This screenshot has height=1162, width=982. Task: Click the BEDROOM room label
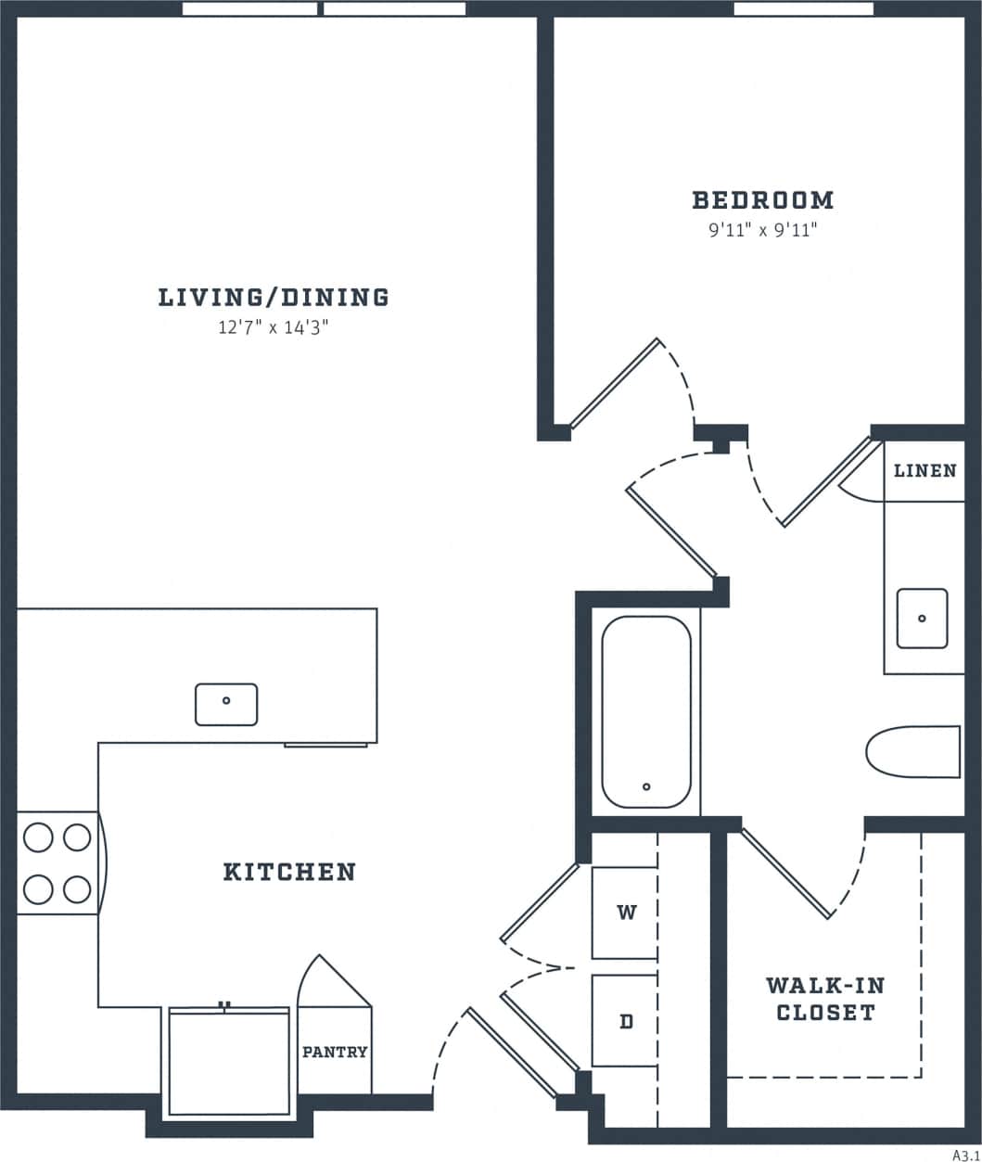pyautogui.click(x=762, y=199)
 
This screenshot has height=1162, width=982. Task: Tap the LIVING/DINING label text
pyautogui.click(x=274, y=298)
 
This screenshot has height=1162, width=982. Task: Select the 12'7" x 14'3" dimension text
pyautogui.click(x=274, y=327)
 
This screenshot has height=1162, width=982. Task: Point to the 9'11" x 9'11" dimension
pyautogui.click(x=762, y=230)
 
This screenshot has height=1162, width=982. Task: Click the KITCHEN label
pyautogui.click(x=289, y=872)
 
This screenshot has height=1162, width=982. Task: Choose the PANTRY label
pyautogui.click(x=335, y=1052)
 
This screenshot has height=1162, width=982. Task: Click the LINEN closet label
pyautogui.click(x=925, y=471)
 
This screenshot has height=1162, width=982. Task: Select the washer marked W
pyautogui.click(x=626, y=913)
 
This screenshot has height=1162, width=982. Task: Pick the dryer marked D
pyautogui.click(x=626, y=1021)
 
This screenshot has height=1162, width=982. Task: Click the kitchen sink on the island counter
pyautogui.click(x=226, y=704)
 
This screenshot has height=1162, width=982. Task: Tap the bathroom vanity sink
pyautogui.click(x=922, y=619)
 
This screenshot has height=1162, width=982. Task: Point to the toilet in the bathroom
pyautogui.click(x=913, y=751)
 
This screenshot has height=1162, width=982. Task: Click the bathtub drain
pyautogui.click(x=646, y=787)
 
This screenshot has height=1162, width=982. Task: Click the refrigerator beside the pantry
pyautogui.click(x=228, y=1063)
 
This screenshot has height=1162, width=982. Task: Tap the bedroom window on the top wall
pyautogui.click(x=803, y=9)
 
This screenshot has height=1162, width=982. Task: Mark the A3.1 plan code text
pyautogui.click(x=965, y=1155)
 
